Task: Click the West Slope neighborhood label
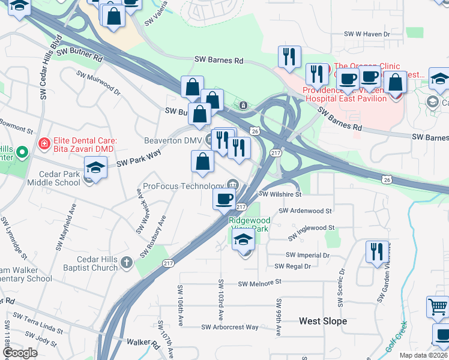point(323,321)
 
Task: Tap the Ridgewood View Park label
point(250,224)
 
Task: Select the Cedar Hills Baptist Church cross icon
point(126,262)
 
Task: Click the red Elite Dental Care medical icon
point(43,143)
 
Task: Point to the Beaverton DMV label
point(173,140)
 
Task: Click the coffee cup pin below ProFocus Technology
point(224,199)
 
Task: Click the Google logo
point(20,353)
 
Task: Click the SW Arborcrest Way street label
point(230,327)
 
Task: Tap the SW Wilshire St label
point(279,194)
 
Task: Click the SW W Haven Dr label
point(366,35)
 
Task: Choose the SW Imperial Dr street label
point(308,255)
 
